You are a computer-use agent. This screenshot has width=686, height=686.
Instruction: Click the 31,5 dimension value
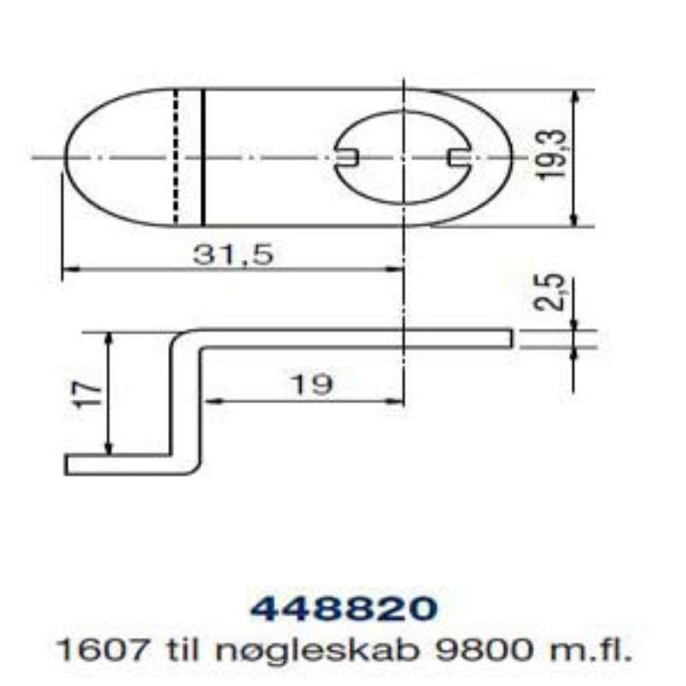pos(231,255)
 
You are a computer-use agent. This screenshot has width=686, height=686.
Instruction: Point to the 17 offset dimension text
pos(87,394)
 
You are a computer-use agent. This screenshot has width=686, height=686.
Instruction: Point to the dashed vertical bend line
pos(175,156)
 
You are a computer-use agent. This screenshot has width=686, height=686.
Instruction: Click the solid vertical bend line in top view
pos(202,156)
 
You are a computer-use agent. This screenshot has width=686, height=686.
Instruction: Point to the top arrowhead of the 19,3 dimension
pos(575,96)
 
